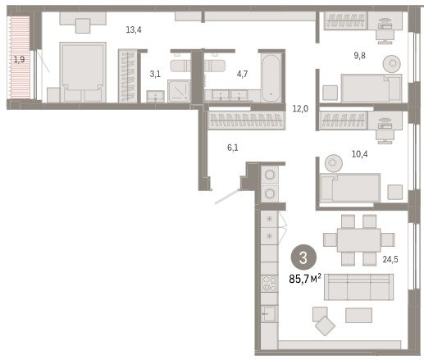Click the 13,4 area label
[134, 30]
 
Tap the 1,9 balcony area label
[19, 59]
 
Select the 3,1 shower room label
[155, 74]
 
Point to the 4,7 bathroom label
[242, 74]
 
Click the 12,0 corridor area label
[300, 109]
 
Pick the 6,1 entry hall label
[233, 148]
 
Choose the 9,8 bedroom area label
[359, 56]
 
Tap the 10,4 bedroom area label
[359, 154]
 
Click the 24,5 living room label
[390, 259]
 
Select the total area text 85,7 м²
[305, 279]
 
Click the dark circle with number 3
[303, 257]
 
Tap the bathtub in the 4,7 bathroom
[271, 78]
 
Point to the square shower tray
[179, 91]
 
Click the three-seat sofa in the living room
[359, 287]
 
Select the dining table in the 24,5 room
[358, 240]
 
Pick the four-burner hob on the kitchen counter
[269, 284]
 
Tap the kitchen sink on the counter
[269, 313]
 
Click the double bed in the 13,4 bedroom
[83, 72]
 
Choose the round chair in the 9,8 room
[393, 64]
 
